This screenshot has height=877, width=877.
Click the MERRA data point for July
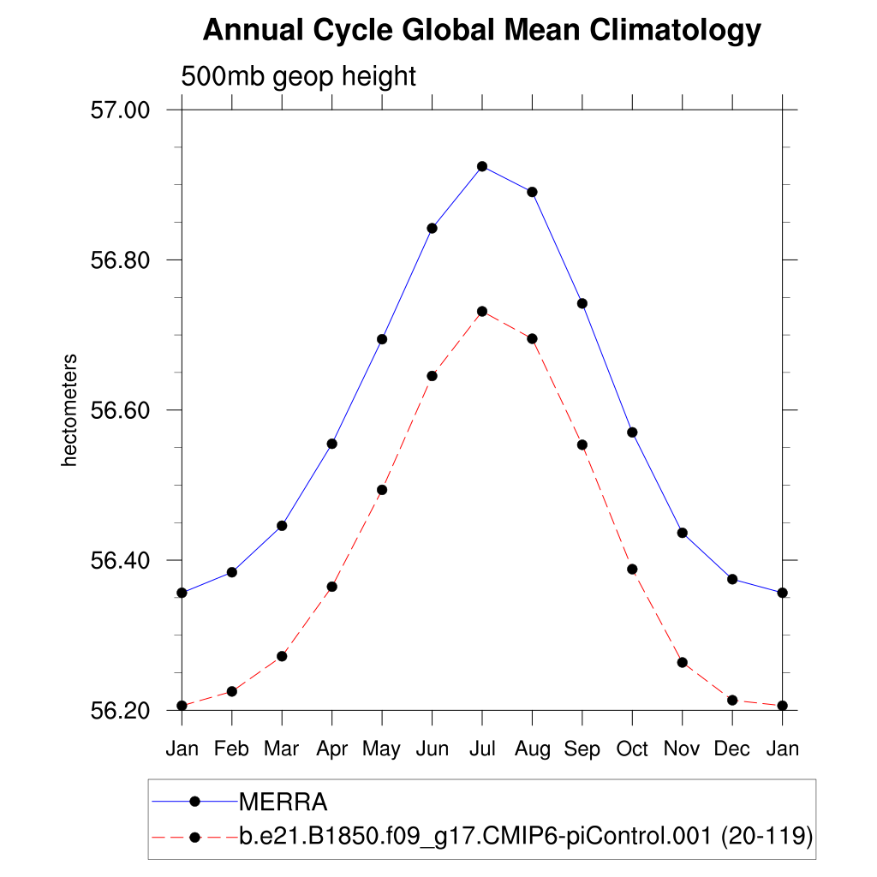[482, 166]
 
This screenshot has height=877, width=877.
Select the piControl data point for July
[482, 311]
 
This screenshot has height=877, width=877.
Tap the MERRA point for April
[332, 444]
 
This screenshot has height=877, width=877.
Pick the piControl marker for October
[632, 569]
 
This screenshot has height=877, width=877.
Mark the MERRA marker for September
[582, 303]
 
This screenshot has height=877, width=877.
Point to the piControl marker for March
[282, 656]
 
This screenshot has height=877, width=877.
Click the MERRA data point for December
[732, 579]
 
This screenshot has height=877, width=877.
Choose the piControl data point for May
[382, 490]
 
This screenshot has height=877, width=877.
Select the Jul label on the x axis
[482, 749]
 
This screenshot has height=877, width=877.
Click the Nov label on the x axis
[683, 749]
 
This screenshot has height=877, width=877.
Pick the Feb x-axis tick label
[231, 749]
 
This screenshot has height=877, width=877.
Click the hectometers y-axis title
[70, 410]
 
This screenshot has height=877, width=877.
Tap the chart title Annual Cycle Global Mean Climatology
[481, 32]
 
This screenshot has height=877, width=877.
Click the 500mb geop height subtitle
[298, 77]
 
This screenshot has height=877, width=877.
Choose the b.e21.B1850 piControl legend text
[525, 837]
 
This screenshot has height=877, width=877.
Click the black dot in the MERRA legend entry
[194, 802]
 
